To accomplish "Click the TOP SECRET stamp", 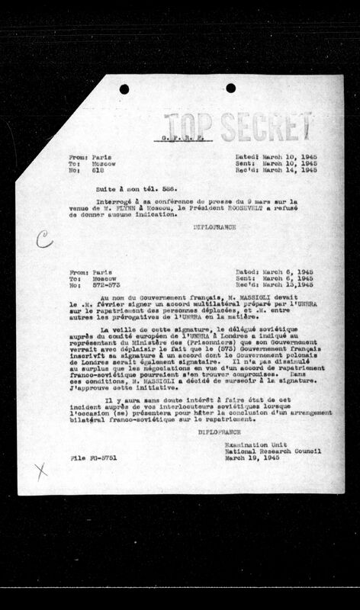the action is pos(238,124).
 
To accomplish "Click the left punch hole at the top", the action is pos(124,88).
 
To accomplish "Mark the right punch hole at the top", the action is pos(230,88).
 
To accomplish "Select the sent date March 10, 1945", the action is pos(279,164).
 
